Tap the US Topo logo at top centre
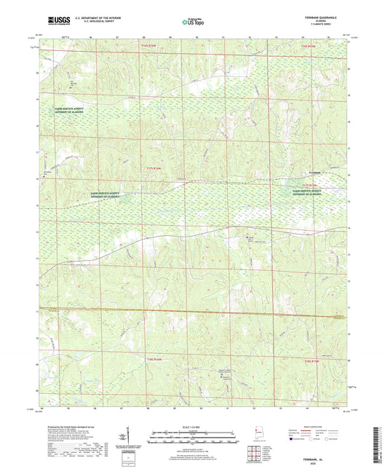191,21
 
